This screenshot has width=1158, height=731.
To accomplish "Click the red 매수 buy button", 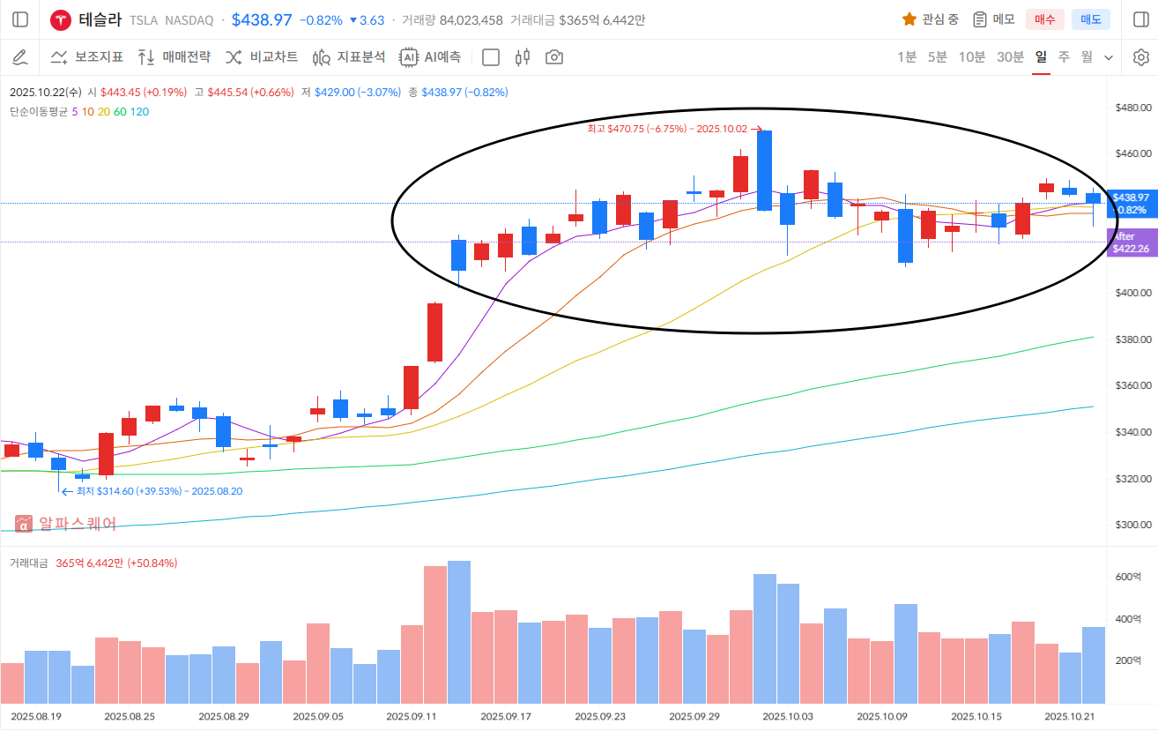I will click(x=1044, y=19).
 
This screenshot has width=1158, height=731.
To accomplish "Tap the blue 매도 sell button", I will click(x=1090, y=19).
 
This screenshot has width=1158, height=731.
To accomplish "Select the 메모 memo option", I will click(x=993, y=19).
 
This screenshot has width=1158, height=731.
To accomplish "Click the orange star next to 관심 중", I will click(x=909, y=19).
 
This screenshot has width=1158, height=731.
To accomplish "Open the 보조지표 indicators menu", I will click(x=86, y=57).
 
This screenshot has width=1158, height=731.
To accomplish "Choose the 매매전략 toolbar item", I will click(x=174, y=57).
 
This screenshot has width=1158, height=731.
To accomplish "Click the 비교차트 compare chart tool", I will click(x=262, y=57).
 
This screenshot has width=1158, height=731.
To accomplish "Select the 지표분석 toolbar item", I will click(x=349, y=57).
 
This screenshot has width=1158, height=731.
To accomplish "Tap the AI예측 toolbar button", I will click(x=430, y=57).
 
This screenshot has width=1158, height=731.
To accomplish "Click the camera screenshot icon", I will click(x=554, y=57).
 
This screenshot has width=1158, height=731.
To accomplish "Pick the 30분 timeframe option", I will click(x=1010, y=57).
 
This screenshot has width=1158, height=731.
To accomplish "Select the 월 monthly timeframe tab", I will click(x=1087, y=57).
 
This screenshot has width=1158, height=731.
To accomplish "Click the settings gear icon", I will click(x=1140, y=57).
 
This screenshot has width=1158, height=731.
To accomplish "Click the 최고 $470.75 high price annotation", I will click(x=670, y=129).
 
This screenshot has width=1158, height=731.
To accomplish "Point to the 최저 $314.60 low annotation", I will click(x=159, y=491).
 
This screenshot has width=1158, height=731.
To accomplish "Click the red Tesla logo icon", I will click(x=61, y=19).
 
